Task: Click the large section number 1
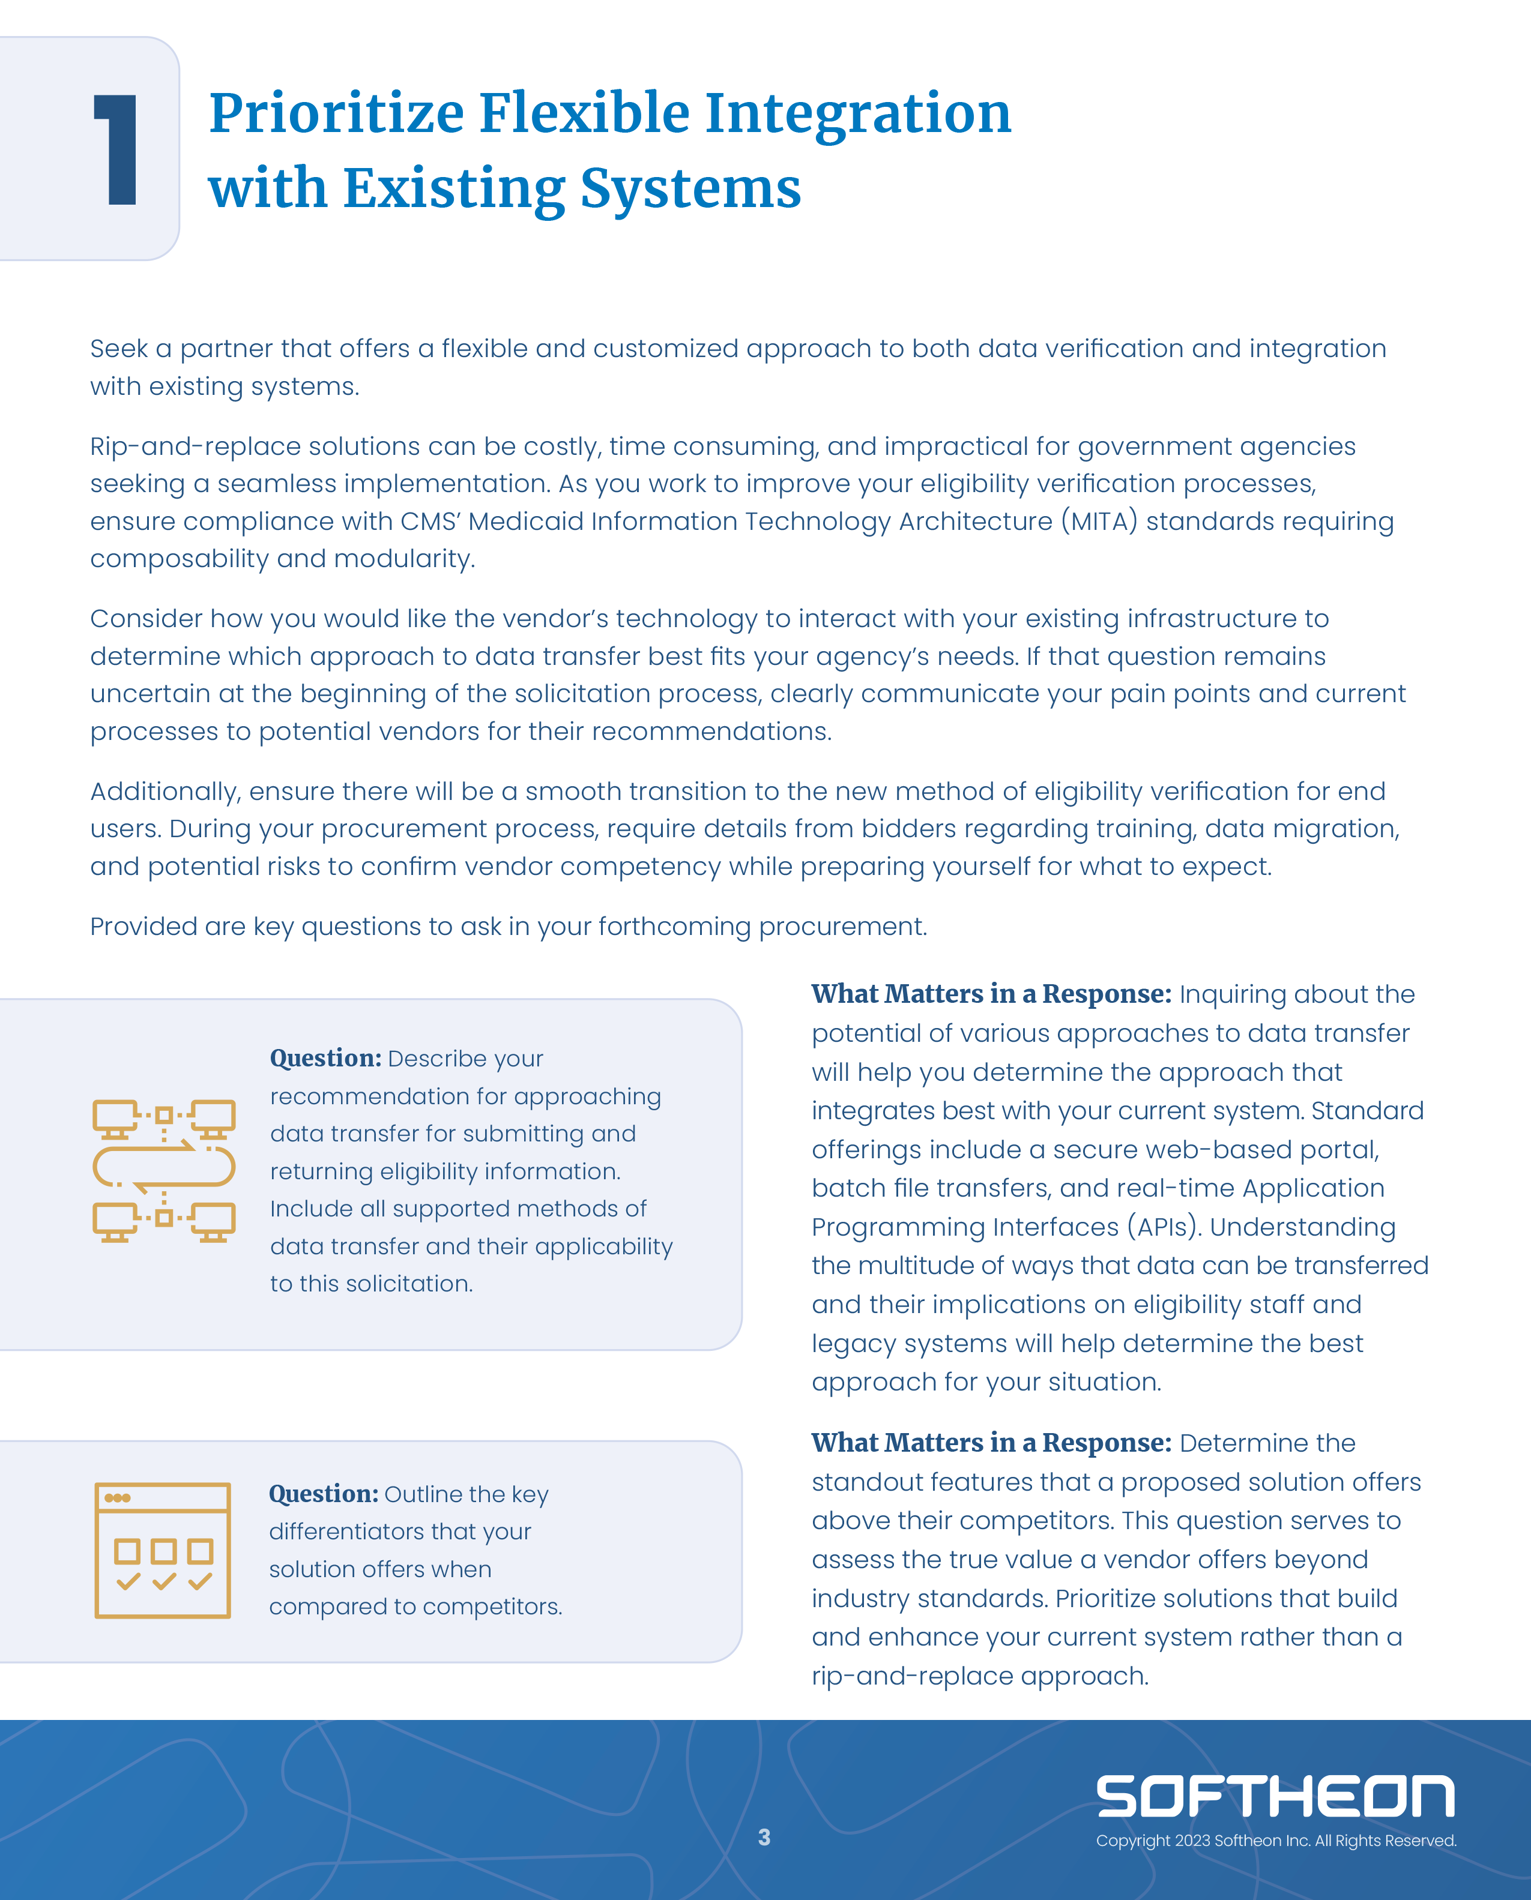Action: tap(116, 150)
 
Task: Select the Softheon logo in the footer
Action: tap(1275, 1796)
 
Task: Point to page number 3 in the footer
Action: tap(764, 1838)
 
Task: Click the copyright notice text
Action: tap(1275, 1841)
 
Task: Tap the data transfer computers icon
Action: tap(164, 1170)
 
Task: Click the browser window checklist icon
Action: tap(163, 1550)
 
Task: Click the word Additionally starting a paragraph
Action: tap(165, 792)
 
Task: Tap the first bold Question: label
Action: tap(325, 1058)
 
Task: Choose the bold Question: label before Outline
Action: tap(324, 1494)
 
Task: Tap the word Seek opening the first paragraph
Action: tap(119, 349)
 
